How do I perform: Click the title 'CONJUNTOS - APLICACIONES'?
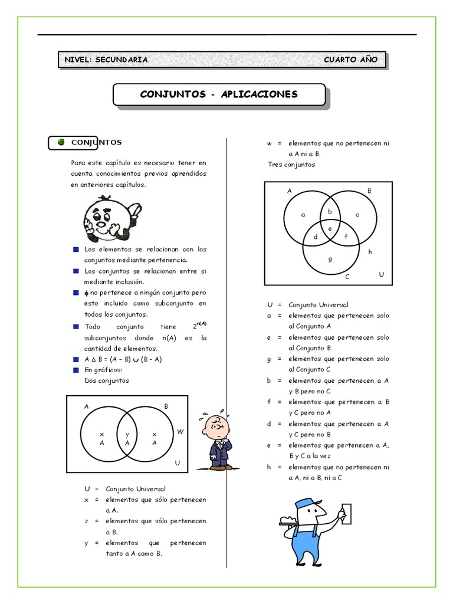point(219,94)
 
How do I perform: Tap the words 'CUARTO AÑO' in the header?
point(350,60)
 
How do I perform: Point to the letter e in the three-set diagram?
point(330,228)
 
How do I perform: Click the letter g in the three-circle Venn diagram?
point(330,258)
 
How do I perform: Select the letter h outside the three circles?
point(370,252)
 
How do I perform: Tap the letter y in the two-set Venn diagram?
point(127,434)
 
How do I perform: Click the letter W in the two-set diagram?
point(180,432)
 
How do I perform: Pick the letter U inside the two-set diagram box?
point(177,464)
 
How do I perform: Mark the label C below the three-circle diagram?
point(347,276)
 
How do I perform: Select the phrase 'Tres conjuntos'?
point(291,165)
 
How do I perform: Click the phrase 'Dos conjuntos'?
point(107,380)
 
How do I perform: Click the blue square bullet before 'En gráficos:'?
point(75,370)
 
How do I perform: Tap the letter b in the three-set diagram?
point(330,211)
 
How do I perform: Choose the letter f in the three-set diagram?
point(346,236)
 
